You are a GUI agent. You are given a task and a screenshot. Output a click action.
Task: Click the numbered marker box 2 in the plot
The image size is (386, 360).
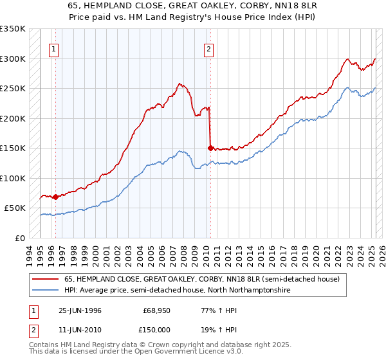tap(209, 48)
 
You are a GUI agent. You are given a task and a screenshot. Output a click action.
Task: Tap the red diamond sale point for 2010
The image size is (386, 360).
tap(210, 148)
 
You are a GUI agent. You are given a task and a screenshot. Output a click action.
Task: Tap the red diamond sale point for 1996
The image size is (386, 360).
tap(56, 197)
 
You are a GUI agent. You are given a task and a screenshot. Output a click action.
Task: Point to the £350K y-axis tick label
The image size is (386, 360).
tap(13, 29)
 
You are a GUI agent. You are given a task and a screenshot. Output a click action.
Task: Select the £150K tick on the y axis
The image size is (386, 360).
tap(13, 148)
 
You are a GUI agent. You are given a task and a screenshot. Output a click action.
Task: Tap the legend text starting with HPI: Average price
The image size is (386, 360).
tap(178, 291)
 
